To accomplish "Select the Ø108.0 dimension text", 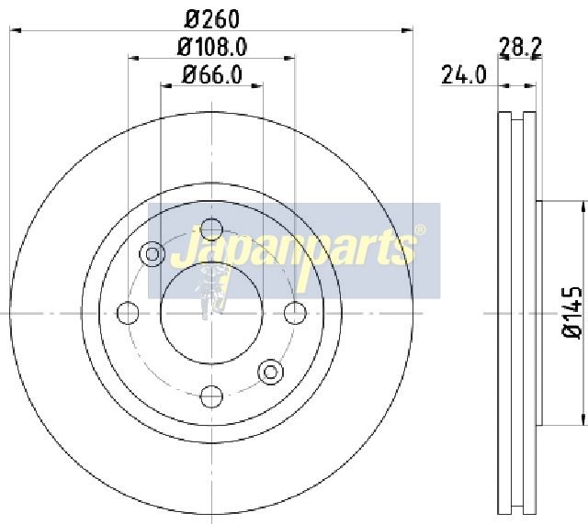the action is (212, 47).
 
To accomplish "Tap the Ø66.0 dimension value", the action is (212, 74).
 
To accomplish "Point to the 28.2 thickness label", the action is (521, 47).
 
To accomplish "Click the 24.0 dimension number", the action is (464, 74).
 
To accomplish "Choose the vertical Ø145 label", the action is (572, 313).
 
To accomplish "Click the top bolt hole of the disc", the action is (212, 229).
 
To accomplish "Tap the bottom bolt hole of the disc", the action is (212, 396).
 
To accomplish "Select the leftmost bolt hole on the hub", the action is (128, 313).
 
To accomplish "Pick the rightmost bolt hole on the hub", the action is (296, 313).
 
